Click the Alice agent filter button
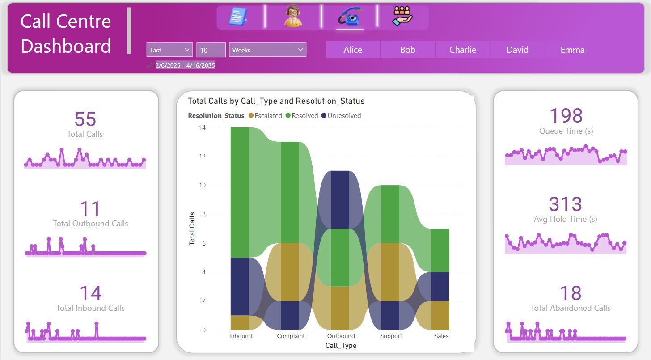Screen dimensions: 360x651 tap(353, 50)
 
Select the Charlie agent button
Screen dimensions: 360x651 tap(462, 50)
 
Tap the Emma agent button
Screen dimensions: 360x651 tap(572, 50)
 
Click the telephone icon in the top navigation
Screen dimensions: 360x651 tap(350, 17)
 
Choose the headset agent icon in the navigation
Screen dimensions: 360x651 tap(293, 17)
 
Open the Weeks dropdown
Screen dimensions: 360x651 tap(267, 50)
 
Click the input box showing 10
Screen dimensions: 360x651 tap(211, 50)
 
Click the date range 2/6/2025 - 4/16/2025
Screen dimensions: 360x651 tap(185, 65)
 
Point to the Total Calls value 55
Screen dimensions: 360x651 tap(85, 119)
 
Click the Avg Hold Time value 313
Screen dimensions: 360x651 tap(565, 204)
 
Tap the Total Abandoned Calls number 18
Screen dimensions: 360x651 tap(570, 293)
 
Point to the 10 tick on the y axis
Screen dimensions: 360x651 tap(203, 185)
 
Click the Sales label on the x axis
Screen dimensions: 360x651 tap(441, 336)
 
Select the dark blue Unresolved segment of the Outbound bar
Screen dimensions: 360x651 tap(341, 199)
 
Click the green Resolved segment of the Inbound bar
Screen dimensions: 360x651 tap(240, 192)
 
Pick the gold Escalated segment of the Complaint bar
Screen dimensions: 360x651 tap(290, 272)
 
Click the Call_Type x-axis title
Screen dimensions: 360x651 tap(341, 346)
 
